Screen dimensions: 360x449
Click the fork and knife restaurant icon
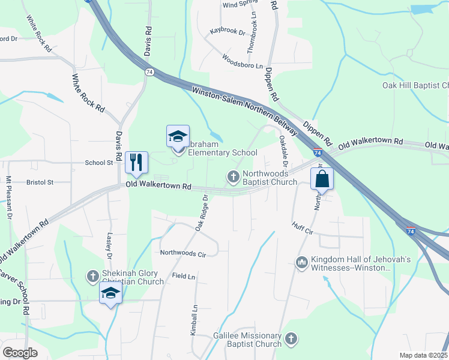point(136,161)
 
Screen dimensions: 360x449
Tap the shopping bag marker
point(322,178)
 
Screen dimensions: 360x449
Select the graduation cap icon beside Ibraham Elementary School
point(178,136)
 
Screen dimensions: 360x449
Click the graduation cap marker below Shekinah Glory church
point(110,294)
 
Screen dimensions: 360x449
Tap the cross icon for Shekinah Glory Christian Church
point(93,276)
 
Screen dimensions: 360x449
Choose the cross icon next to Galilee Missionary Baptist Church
point(291,340)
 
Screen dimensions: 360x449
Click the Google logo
point(20,352)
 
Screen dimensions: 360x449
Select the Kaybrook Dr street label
point(228,31)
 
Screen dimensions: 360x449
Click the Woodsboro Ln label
point(243,62)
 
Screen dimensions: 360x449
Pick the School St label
point(99,163)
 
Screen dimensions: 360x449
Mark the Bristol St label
point(40,182)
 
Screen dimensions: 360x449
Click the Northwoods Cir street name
point(182,254)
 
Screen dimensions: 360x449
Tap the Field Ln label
point(184,276)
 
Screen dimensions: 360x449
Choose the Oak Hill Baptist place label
point(415,85)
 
